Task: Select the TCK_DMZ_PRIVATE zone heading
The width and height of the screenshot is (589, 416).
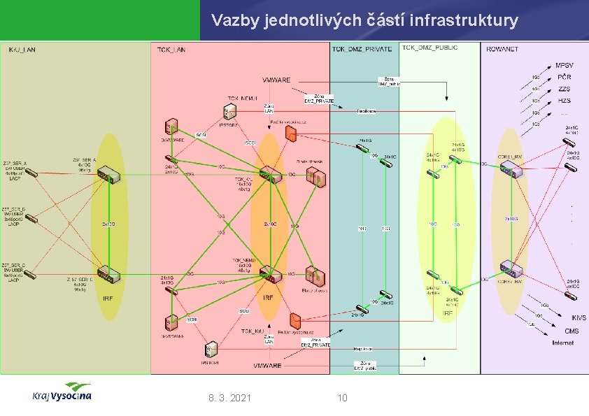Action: [x=362, y=50]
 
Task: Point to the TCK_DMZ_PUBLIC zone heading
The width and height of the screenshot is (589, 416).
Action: [x=430, y=48]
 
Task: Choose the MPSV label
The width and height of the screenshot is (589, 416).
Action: [x=564, y=65]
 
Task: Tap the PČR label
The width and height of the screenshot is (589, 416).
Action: [x=564, y=77]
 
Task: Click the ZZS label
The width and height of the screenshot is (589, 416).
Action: [x=564, y=89]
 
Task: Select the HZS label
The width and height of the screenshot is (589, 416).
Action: [x=564, y=101]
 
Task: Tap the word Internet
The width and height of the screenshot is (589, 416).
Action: [x=562, y=343]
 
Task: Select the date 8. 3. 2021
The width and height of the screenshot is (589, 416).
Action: [x=230, y=398]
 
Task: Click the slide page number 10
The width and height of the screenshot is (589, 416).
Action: [x=342, y=398]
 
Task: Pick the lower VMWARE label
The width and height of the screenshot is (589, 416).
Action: [x=267, y=365]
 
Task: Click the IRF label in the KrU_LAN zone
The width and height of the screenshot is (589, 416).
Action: [x=108, y=298]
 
